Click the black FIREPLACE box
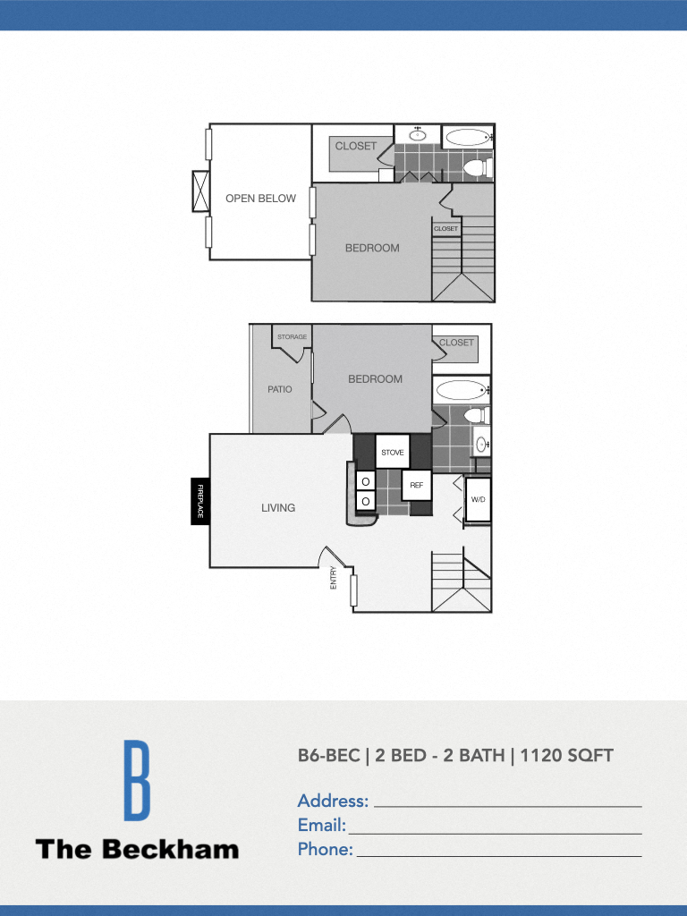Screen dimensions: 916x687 pos(200,502)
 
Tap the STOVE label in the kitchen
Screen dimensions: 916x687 pos(393,453)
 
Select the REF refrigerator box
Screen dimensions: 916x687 pos(416,485)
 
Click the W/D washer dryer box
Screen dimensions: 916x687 pos(478,499)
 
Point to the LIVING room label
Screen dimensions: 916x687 pos(278,508)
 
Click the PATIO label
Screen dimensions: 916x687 pos(280,390)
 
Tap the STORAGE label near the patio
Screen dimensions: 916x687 pos(292,337)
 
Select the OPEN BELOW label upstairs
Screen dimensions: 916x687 pos(260,199)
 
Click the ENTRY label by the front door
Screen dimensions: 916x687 pos(334,577)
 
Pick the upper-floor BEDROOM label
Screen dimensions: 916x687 pos(372,248)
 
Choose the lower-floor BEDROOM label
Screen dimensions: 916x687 pos(375,379)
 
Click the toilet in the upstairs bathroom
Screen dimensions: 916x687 pos(477,167)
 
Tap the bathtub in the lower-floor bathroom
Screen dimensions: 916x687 pos(462,390)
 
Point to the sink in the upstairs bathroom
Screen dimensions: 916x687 pos(418,135)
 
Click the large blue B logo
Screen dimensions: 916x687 pos(136,780)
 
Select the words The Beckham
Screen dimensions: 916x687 pos(137,849)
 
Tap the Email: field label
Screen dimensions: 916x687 pos(321,826)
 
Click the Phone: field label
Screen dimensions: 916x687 pos(325,850)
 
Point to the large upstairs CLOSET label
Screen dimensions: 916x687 pos(356,146)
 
